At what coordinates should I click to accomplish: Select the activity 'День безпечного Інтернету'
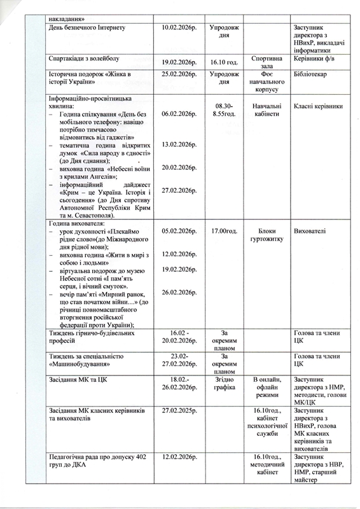click(x=88, y=29)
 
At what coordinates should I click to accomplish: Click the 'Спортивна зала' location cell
click(x=267, y=61)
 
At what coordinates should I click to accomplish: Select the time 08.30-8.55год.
click(x=224, y=110)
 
